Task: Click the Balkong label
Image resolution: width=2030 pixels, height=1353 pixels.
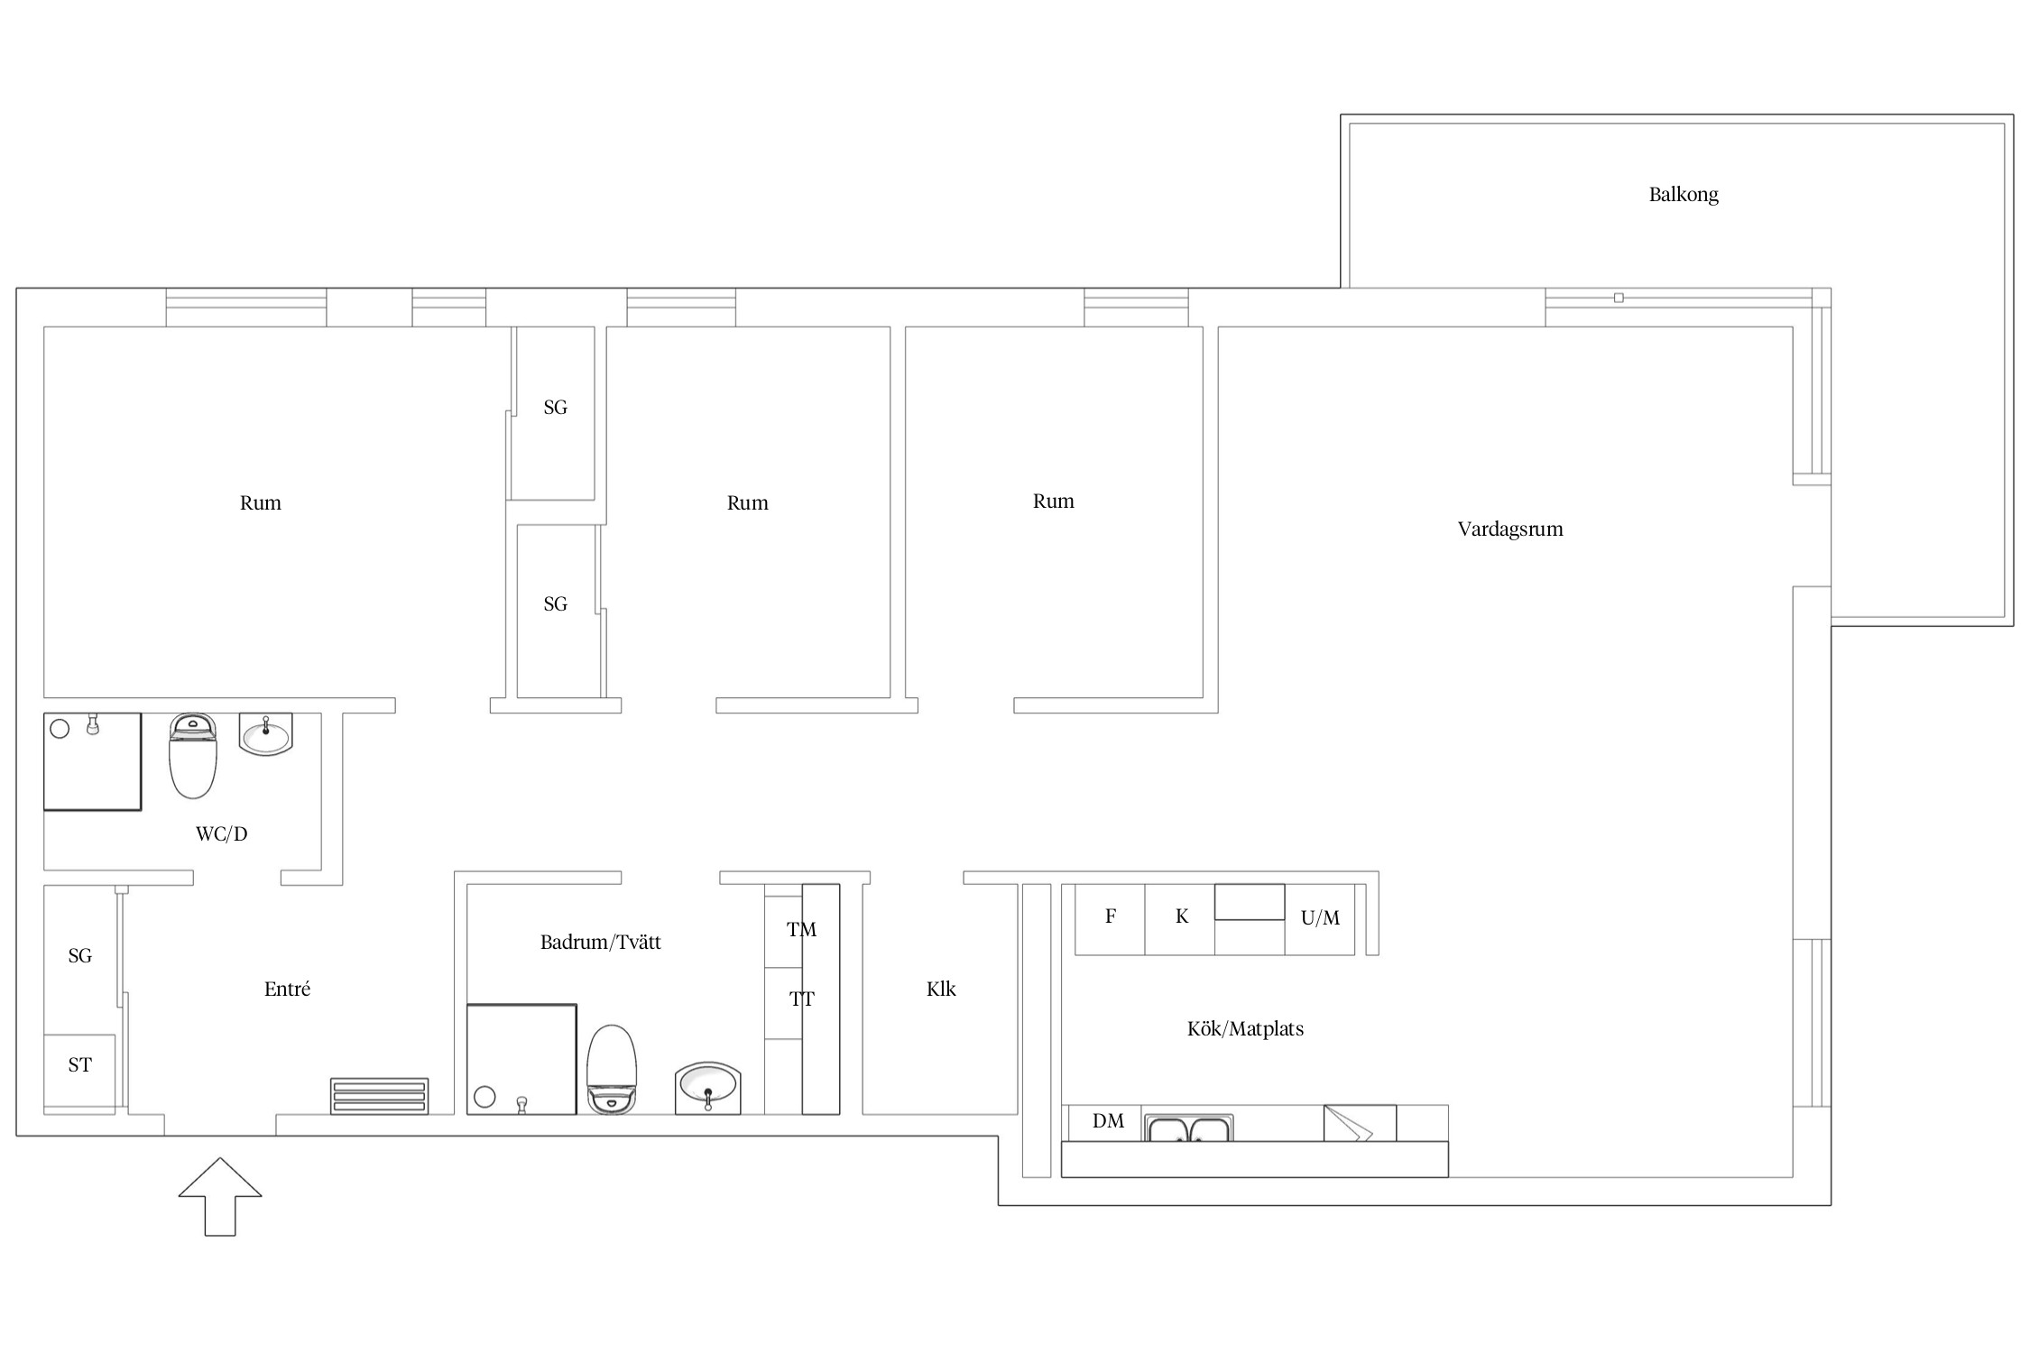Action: pos(1684,195)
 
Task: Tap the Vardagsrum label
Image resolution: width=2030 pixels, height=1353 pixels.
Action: pos(1510,529)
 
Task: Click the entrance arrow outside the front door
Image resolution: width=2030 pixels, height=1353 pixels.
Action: pos(220,1197)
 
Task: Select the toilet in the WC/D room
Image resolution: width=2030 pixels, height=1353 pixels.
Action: pos(193,756)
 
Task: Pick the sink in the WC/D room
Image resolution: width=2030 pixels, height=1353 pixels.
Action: pos(266,734)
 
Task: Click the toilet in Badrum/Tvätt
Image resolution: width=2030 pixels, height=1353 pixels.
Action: pos(612,1069)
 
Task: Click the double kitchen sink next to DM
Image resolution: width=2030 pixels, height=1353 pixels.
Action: pos(1189,1128)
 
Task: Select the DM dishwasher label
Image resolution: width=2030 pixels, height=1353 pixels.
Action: pos(1108,1121)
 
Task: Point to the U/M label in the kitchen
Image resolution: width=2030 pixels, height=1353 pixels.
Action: pos(1320,918)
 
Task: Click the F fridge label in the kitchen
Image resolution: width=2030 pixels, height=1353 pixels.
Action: pos(1111,916)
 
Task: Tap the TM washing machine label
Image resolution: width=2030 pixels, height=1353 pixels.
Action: pos(801,930)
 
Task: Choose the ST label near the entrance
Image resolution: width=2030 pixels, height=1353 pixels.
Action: pos(79,1065)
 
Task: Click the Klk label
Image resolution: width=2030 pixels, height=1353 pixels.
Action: pos(941,989)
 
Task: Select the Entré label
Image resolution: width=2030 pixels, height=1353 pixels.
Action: pos(287,989)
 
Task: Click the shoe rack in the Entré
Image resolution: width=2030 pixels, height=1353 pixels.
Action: pos(379,1096)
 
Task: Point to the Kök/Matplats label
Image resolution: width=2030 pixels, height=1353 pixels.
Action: pos(1245,1029)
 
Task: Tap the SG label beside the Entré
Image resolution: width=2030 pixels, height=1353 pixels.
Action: pos(79,956)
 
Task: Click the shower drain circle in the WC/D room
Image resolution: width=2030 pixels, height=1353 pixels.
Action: pos(60,729)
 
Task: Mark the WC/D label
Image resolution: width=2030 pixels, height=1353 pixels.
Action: pos(221,834)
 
